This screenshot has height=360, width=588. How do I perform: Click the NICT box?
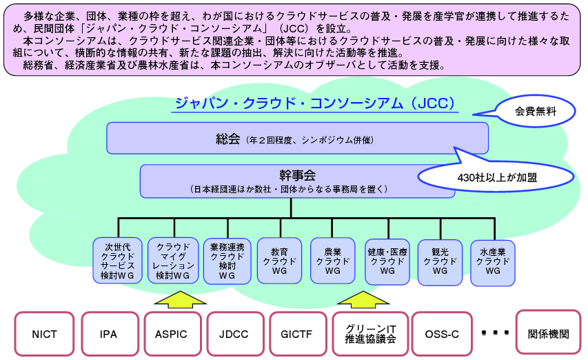tap(44, 334)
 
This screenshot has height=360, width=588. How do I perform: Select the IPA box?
tap(108, 334)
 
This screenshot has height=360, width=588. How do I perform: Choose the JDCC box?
tap(235, 334)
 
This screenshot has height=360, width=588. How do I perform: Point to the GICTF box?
tap(297, 334)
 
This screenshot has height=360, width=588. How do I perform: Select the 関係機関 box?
tap(549, 334)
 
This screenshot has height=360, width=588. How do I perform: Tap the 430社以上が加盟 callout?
tap(496, 177)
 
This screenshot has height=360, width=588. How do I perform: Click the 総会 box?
tap(297, 138)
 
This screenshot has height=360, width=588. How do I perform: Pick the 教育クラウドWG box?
tap(279, 261)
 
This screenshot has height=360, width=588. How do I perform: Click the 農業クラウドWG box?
tap(333, 261)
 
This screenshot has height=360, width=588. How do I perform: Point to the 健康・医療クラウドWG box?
tap(387, 261)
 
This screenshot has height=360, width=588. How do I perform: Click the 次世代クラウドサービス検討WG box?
tap(117, 261)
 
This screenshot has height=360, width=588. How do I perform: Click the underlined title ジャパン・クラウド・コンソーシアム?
tap(313, 103)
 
